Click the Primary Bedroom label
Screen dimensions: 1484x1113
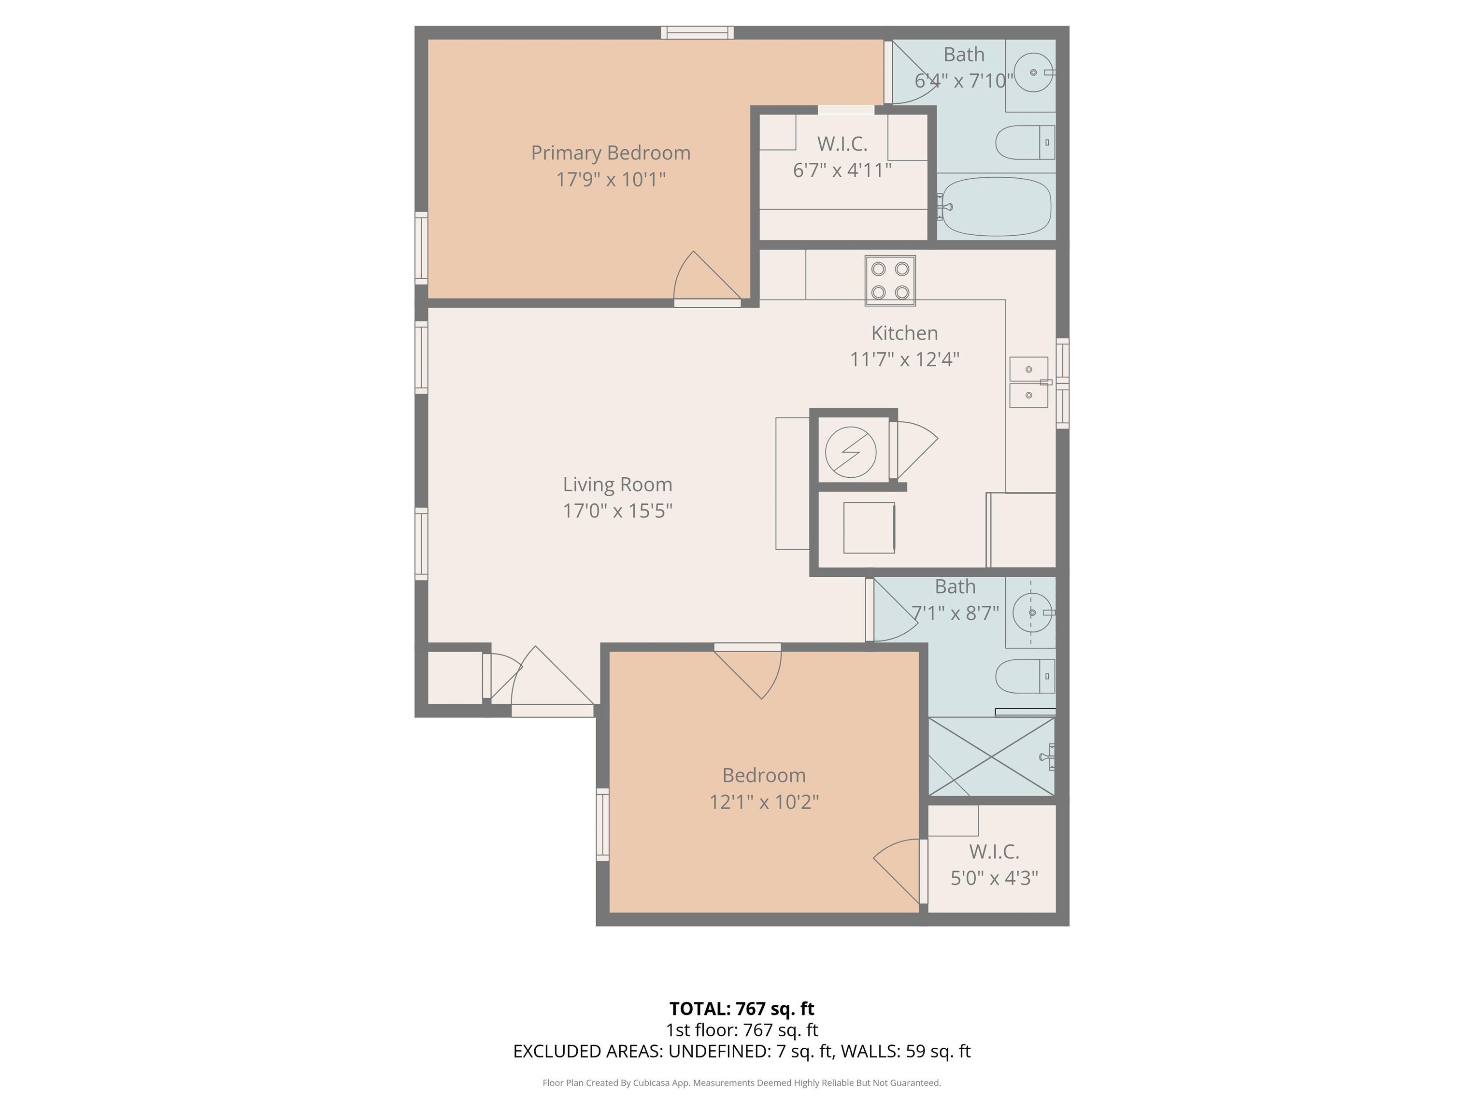(x=611, y=153)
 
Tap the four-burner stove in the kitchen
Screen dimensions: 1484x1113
(x=890, y=281)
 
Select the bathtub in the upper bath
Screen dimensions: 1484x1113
(x=994, y=206)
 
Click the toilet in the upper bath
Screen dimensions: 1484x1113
(x=1025, y=142)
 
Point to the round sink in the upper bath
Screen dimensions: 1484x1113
(x=1033, y=72)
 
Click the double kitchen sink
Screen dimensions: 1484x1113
(x=1029, y=383)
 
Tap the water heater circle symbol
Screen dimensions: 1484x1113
(x=851, y=452)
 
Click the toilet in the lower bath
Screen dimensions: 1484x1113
(x=1025, y=676)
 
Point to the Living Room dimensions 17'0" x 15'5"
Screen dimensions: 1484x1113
(x=617, y=511)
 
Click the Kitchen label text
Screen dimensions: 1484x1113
(x=904, y=333)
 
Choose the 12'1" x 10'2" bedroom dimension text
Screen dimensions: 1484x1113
(x=764, y=802)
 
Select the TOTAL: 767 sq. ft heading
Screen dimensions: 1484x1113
(x=742, y=1008)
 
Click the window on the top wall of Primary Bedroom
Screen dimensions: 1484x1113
(x=697, y=32)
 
